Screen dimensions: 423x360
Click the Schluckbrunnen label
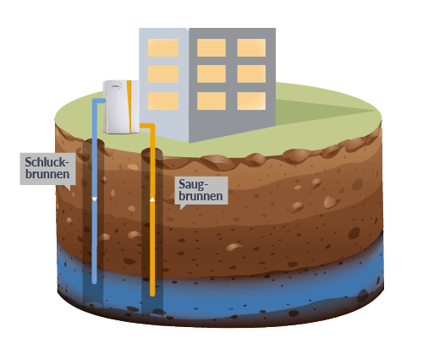[x=47, y=168]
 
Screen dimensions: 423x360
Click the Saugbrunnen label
[x=201, y=190]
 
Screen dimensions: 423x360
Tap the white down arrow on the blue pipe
[x=95, y=199]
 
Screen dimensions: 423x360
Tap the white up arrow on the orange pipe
[x=152, y=199]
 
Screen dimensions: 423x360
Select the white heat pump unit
[x=121, y=106]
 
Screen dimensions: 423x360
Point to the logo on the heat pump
[x=116, y=86]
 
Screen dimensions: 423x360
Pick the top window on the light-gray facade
[x=163, y=48]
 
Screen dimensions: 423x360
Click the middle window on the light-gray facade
[x=163, y=74]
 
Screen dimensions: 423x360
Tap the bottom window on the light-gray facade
[x=163, y=101]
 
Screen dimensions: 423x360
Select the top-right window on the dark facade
[x=251, y=48]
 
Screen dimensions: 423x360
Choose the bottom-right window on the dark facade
[x=251, y=101]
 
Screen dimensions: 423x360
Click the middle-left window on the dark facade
[x=211, y=74]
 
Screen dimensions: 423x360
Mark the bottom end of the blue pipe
[x=95, y=281]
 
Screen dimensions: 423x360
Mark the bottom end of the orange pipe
[x=152, y=294]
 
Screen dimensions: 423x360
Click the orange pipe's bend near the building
[x=151, y=126]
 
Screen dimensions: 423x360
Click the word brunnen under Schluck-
[x=47, y=174]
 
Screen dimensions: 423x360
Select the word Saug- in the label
[x=194, y=185]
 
